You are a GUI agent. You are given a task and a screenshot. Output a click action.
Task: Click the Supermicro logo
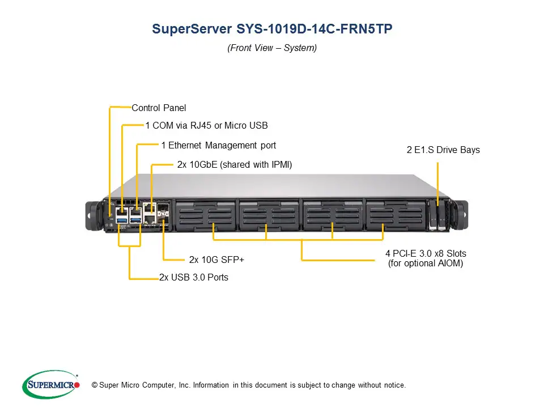tap(50, 385)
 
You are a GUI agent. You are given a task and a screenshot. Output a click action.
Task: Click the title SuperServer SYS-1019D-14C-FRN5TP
tap(272, 29)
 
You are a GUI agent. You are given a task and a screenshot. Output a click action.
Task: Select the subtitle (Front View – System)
tap(272, 48)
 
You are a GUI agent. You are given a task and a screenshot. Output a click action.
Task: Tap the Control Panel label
tap(159, 108)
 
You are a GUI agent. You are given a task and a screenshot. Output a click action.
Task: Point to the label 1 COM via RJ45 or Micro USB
tap(206, 125)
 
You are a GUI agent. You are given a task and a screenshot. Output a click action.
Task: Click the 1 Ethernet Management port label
tap(218, 146)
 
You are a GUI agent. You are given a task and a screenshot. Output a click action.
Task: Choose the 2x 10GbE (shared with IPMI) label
tap(234, 165)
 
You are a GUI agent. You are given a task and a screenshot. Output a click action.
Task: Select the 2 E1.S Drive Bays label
tap(443, 150)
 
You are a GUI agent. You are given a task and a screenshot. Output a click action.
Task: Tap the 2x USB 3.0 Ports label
tap(194, 278)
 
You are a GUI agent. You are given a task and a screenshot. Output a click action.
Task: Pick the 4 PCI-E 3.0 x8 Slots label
tap(426, 253)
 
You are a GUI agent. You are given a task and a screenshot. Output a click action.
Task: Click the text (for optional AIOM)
tap(426, 263)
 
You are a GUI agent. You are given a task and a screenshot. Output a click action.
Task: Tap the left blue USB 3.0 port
tap(122, 219)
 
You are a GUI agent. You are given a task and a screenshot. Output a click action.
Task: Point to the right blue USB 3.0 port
tap(136, 219)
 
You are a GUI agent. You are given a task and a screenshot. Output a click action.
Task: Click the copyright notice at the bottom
tap(252, 385)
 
